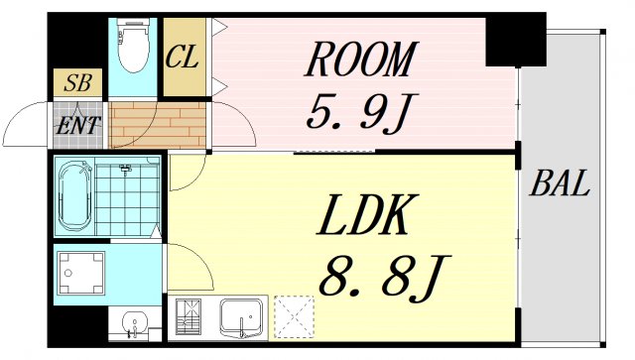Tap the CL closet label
(183, 57)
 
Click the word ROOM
(360, 60)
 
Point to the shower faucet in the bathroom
(126, 169)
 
